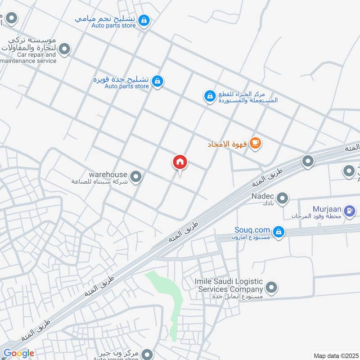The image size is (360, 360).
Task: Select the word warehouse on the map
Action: coord(108,174)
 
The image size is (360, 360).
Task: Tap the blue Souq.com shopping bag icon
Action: coord(279,231)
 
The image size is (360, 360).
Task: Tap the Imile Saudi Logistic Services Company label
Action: coord(228,285)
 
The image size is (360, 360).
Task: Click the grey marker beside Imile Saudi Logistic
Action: coord(271,287)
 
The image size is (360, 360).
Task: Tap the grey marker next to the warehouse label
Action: coord(136,177)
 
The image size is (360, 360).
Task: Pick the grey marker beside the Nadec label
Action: coord(282,198)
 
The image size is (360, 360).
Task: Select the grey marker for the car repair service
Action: coord(65,49)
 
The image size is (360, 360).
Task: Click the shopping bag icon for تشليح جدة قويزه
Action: coord(157,81)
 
